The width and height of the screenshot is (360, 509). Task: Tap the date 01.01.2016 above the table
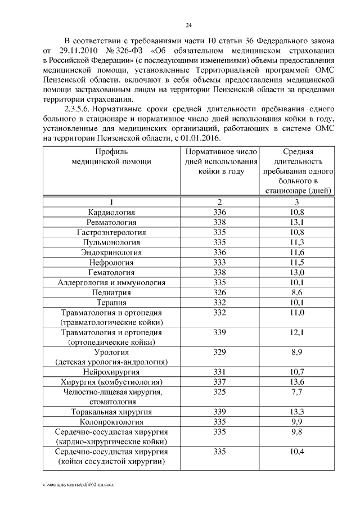coord(202,138)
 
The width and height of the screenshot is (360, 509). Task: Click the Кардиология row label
coord(111,212)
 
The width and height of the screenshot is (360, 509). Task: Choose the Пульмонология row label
coord(111,242)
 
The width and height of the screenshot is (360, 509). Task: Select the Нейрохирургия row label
coord(111,372)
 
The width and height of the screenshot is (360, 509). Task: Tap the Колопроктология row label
coord(111,421)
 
